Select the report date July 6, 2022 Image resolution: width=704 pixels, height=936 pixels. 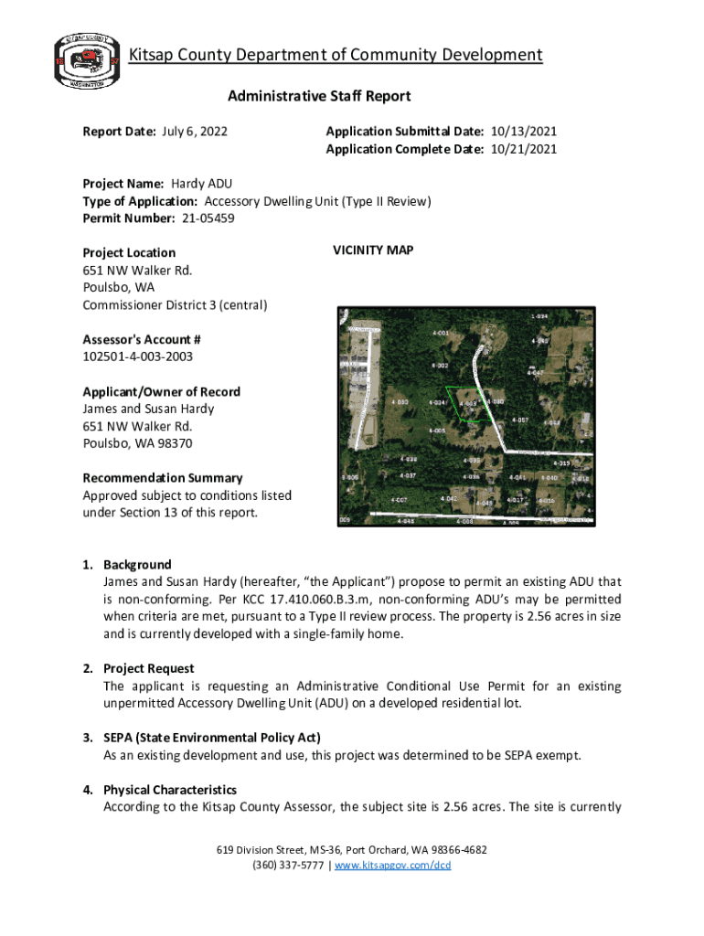195,132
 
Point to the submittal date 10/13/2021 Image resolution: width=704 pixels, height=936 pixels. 524,132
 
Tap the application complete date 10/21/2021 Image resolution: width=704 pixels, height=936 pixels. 524,149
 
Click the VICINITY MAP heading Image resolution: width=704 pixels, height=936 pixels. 373,250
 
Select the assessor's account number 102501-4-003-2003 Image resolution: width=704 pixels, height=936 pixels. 138,356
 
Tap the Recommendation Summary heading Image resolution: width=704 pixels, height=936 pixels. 163,478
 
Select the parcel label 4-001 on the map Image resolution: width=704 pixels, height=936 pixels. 440,333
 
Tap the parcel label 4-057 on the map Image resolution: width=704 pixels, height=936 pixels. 520,420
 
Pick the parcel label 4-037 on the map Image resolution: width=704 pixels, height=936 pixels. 409,476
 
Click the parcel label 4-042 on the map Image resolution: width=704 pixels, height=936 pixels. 448,498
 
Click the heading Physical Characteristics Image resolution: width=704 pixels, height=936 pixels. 170,790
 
